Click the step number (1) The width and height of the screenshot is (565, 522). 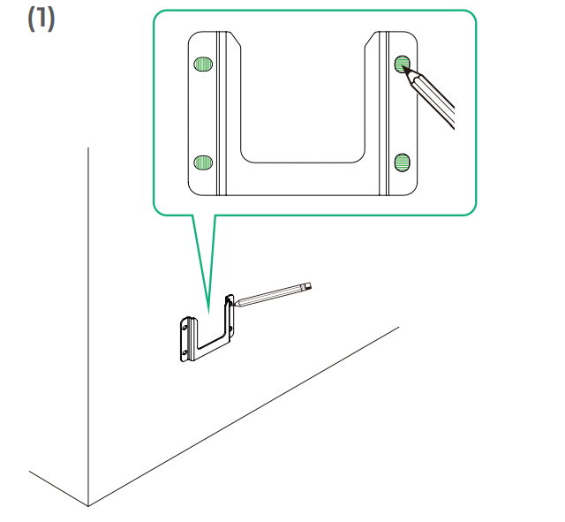click(x=41, y=19)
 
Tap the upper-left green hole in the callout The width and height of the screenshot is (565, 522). click(x=203, y=64)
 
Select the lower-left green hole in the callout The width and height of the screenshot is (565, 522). click(x=203, y=163)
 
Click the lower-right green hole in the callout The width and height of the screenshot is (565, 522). click(x=403, y=163)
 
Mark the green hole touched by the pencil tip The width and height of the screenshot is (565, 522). click(x=402, y=64)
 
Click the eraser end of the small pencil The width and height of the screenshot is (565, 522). click(x=307, y=287)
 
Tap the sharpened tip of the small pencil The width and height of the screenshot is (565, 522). click(x=234, y=305)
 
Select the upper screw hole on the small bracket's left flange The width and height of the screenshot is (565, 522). click(x=185, y=328)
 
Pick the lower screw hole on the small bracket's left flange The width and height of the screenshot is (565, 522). click(x=185, y=352)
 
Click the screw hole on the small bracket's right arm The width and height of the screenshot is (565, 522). click(x=230, y=329)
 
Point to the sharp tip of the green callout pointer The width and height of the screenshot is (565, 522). click(x=208, y=313)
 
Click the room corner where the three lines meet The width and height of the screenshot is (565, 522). click(x=88, y=506)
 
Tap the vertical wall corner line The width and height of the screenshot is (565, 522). click(x=88, y=326)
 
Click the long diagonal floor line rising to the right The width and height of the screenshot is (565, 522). click(x=244, y=416)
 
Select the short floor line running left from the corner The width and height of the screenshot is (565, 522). click(x=59, y=488)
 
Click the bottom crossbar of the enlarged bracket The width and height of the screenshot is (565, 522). click(x=303, y=179)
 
